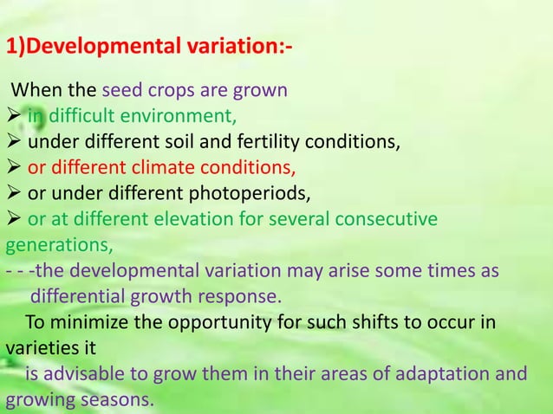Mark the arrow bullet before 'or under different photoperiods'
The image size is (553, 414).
[13, 191]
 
